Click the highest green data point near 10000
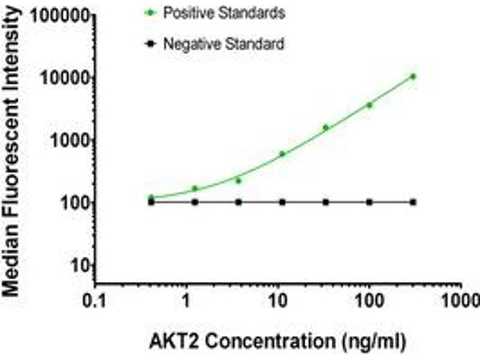pos(413,76)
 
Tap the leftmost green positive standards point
pos(151,197)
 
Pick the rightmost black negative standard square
pos(413,202)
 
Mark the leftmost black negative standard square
pos(151,202)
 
